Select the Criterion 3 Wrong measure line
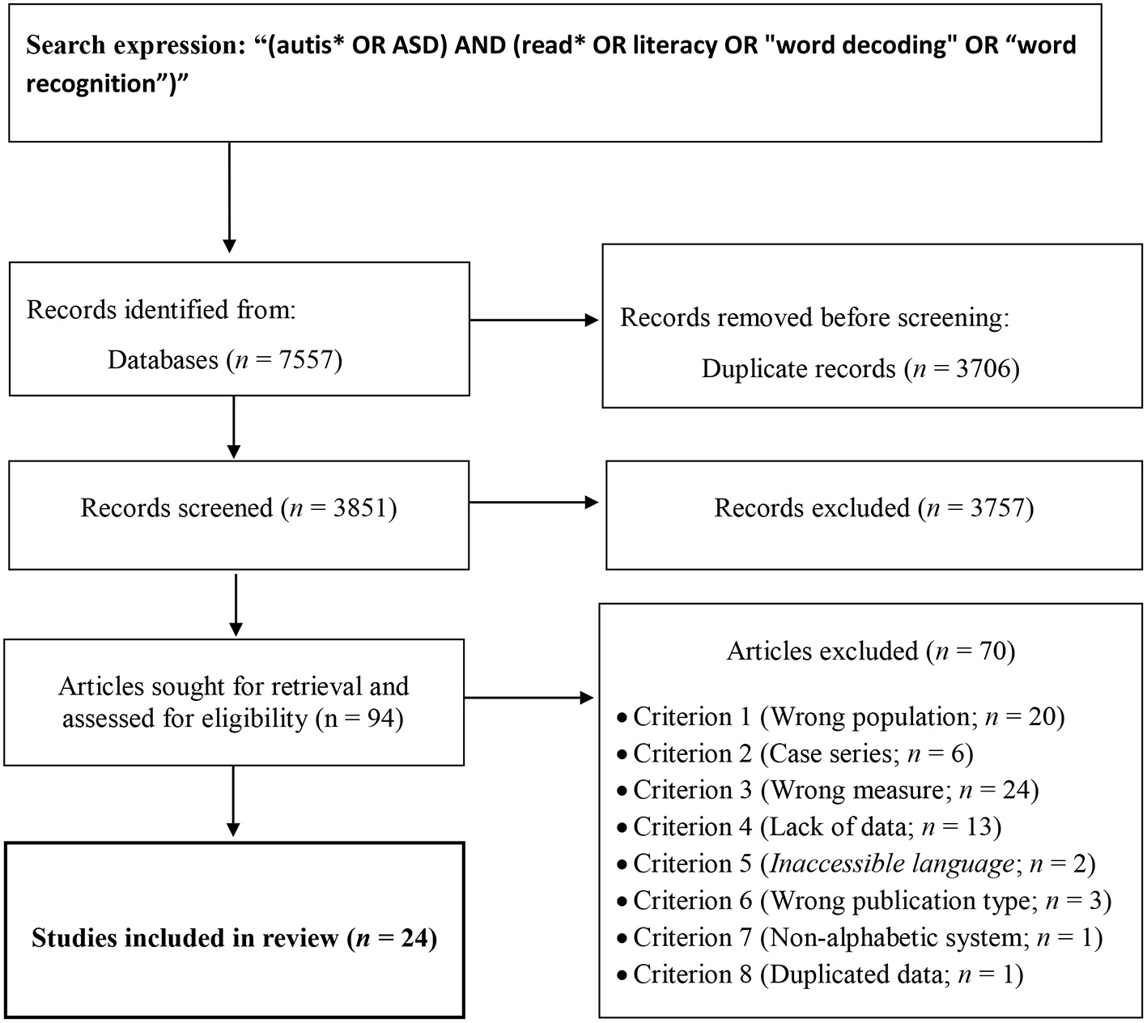coord(835,790)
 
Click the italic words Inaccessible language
coord(891,864)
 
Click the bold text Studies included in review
coord(185,938)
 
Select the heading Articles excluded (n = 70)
coord(870,651)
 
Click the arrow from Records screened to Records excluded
coord(534,503)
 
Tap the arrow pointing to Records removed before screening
coord(534,320)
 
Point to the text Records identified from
coord(161,310)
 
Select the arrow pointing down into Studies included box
coord(233,800)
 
